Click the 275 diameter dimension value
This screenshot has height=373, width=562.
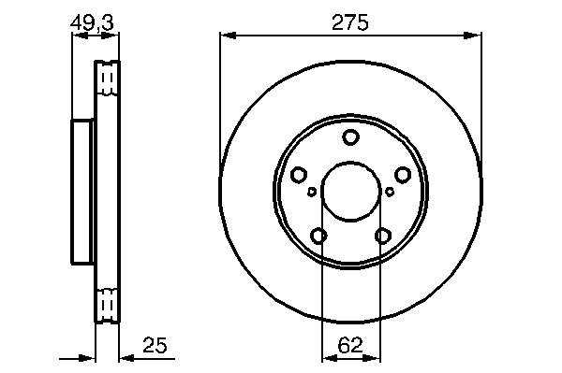tap(349, 22)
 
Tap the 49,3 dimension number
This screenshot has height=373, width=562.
tap(92, 22)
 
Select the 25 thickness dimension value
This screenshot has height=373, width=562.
tap(155, 345)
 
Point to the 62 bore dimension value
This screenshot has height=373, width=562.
tap(350, 345)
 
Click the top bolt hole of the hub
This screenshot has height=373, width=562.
tap(350, 137)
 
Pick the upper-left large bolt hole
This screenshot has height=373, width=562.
tap(299, 175)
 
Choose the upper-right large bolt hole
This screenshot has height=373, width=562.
tap(403, 175)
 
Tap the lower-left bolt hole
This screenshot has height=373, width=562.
tap(318, 236)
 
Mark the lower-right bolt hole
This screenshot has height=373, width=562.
tap(382, 236)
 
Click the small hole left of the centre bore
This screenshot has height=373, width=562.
tap(312, 192)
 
